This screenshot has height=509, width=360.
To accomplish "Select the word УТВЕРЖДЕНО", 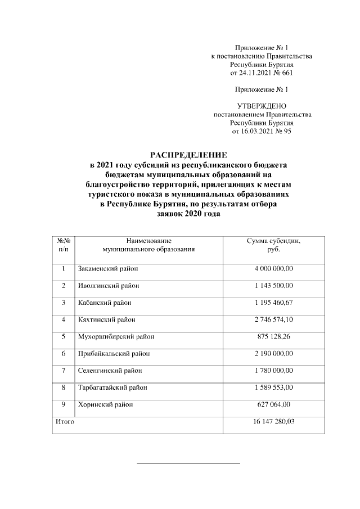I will click(262, 106).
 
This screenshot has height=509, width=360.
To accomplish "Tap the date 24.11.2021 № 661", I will click(262, 73).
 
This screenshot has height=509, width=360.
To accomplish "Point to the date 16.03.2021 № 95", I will click(262, 131).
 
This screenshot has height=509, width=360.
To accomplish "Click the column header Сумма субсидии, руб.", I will click(273, 245).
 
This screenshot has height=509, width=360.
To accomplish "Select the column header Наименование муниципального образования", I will click(148, 245).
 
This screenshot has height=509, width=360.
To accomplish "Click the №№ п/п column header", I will click(64, 245).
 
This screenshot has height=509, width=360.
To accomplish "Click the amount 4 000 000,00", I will click(273, 269).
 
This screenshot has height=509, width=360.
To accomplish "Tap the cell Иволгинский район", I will click(108, 286).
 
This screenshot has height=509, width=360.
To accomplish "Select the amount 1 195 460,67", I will click(273, 303).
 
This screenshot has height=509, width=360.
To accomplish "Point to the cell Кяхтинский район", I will click(106, 319).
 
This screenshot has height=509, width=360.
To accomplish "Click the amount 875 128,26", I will click(273, 336).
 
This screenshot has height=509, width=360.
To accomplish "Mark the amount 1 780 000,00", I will click(273, 371).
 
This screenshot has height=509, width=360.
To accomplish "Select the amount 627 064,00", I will click(273, 404).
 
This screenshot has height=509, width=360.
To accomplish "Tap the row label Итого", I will click(64, 421).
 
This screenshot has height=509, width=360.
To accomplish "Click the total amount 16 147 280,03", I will click(273, 421).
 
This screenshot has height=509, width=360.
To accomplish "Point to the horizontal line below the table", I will click(188, 463).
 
